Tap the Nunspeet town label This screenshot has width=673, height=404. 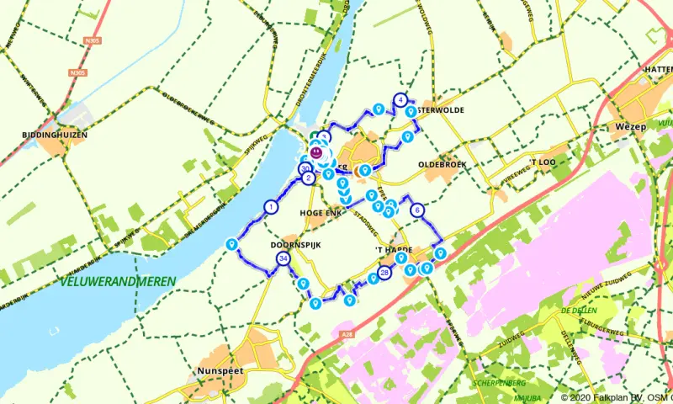coord(218,370)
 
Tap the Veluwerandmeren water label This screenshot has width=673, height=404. coord(118,280)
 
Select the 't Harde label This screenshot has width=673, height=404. coord(392,251)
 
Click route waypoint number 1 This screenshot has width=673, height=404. coord(271,206)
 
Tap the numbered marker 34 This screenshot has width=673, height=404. coord(284,258)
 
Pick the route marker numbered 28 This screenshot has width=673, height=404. coord(385,273)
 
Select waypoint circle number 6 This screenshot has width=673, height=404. coord(416,211)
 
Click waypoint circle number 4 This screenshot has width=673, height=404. coord(400,99)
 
